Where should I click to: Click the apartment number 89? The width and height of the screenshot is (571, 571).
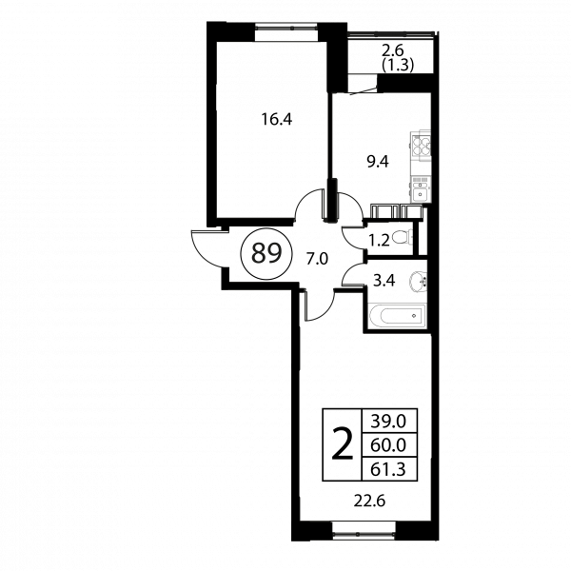click(x=266, y=254)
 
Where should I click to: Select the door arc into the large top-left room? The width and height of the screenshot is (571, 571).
click(x=309, y=205)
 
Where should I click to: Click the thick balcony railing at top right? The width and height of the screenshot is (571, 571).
click(x=392, y=35)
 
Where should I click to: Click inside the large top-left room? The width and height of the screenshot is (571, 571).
click(x=271, y=124)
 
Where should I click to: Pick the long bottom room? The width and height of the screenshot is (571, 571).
click(x=366, y=428)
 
